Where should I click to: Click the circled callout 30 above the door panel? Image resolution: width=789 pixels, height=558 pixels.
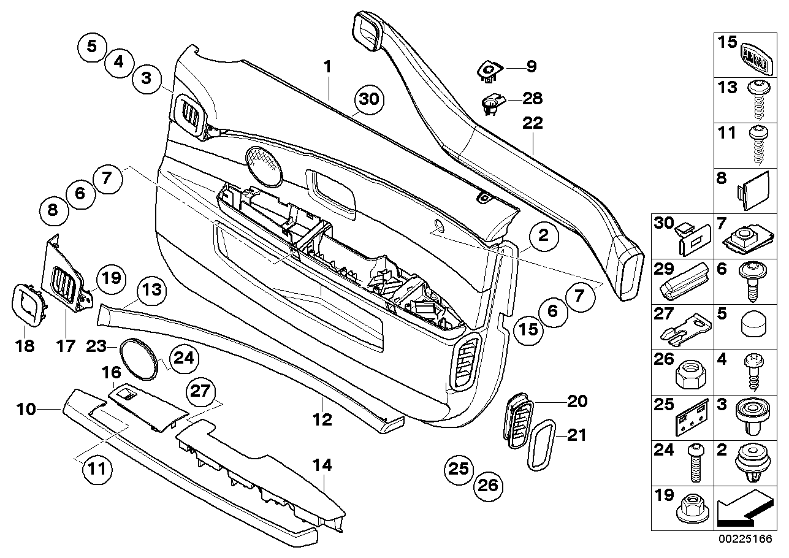370,100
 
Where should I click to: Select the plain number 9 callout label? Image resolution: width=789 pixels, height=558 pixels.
531,66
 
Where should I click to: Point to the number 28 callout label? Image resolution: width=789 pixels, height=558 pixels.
532,98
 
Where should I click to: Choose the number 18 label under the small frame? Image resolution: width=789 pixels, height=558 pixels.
25,346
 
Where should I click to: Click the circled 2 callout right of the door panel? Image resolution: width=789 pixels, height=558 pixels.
540,237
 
